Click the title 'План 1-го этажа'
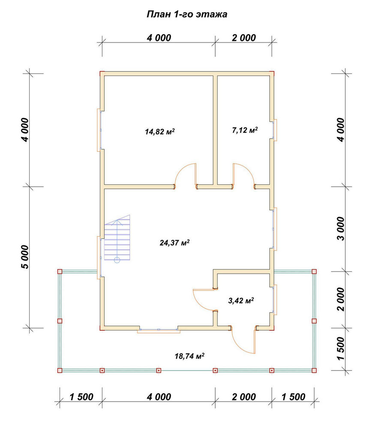point(187,14)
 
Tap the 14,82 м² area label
point(159,132)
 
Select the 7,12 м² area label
point(245,130)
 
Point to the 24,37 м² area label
point(175,242)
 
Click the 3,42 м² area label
point(241,301)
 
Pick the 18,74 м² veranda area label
point(190,356)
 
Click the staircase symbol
point(117,238)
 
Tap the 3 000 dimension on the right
point(341,229)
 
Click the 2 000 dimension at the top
point(244,38)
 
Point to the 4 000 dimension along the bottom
point(159,397)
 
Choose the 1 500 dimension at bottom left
point(81,397)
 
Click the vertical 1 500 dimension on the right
point(341,348)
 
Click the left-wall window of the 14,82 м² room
point(99,130)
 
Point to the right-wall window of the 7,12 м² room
point(274,130)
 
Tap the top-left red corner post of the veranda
point(60,272)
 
